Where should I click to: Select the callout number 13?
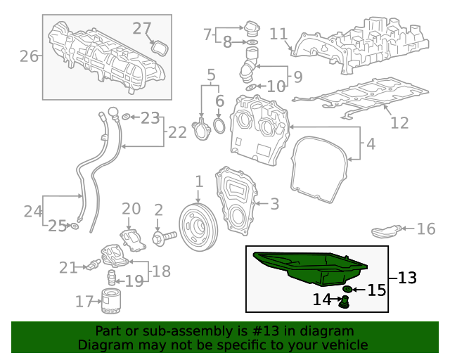click(407, 278)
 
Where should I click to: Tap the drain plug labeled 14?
click(345, 302)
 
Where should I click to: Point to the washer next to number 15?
click(347, 290)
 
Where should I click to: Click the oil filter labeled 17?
click(110, 300)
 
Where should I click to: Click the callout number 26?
click(29, 56)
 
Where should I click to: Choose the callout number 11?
click(278, 34)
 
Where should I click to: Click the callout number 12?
click(399, 123)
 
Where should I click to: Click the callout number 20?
click(131, 208)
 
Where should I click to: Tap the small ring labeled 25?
click(74, 226)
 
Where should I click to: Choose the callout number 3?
click(274, 204)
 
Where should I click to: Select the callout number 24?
click(33, 210)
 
